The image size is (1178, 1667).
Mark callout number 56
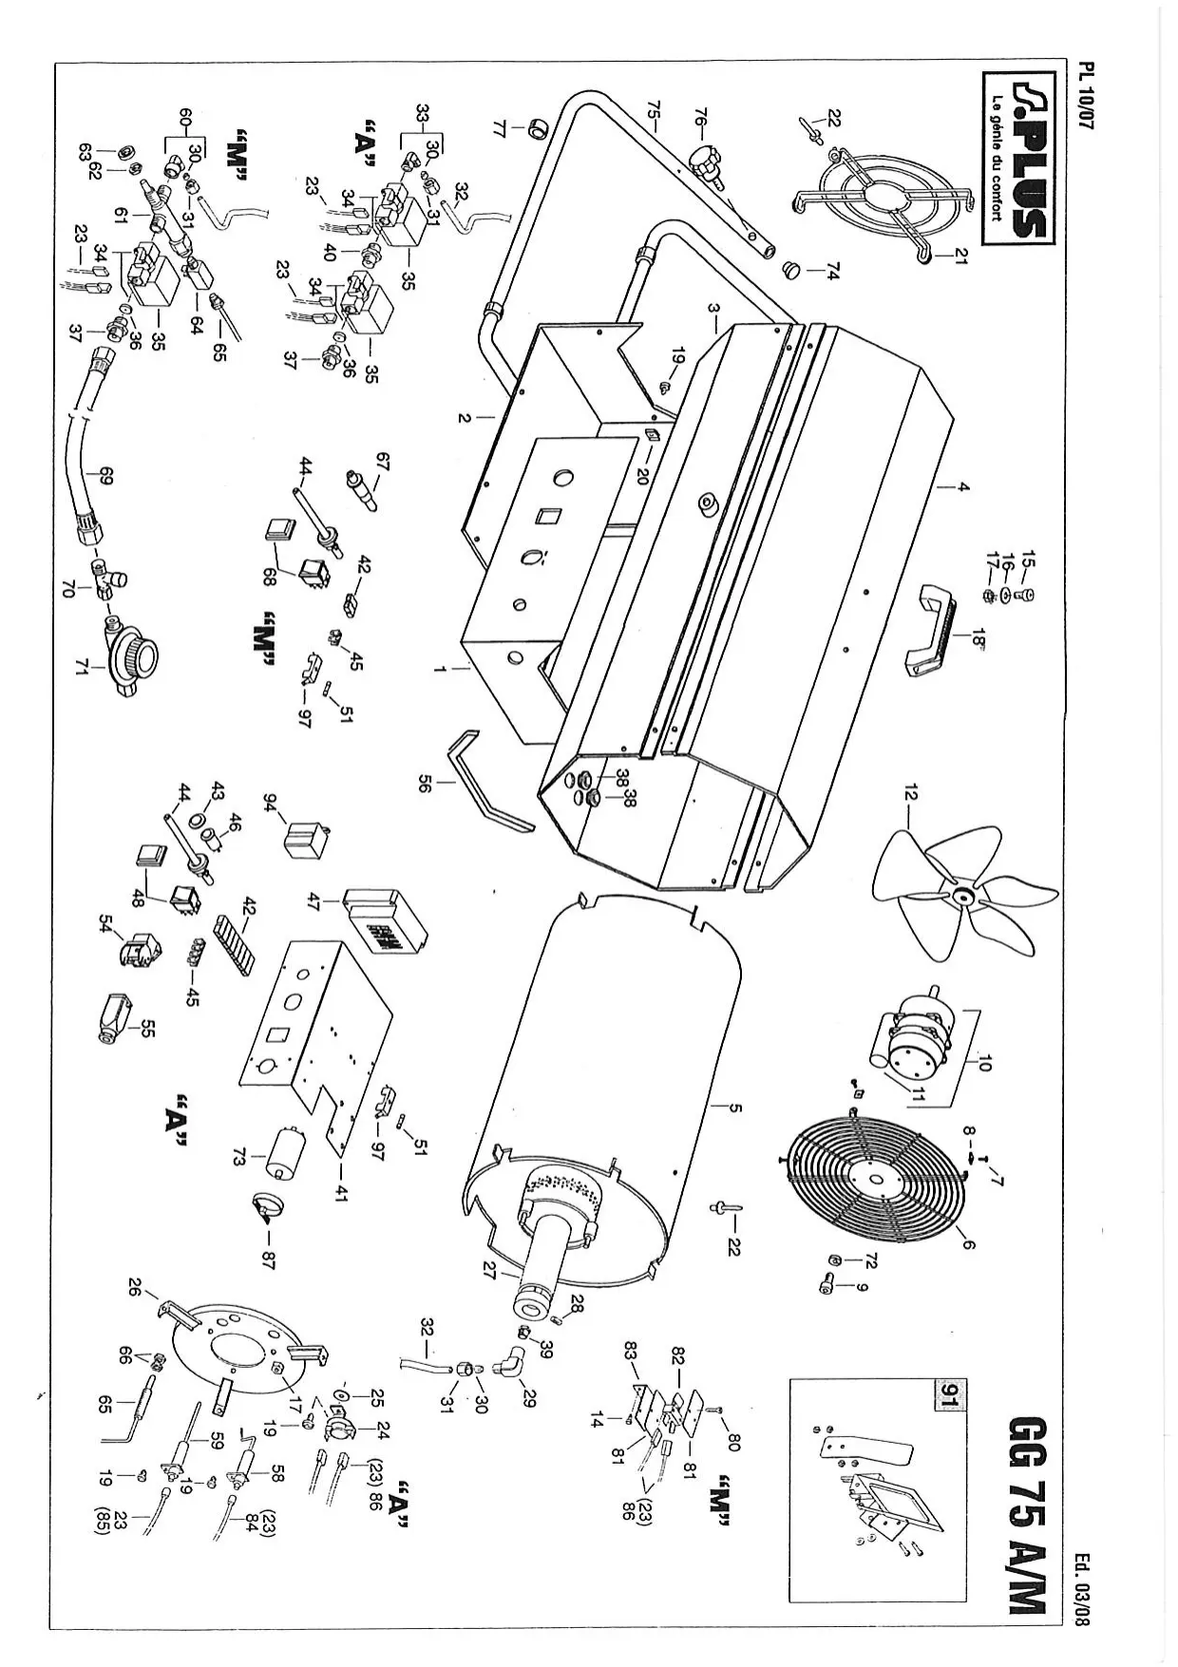tap(426, 782)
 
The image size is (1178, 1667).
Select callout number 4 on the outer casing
tap(962, 486)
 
